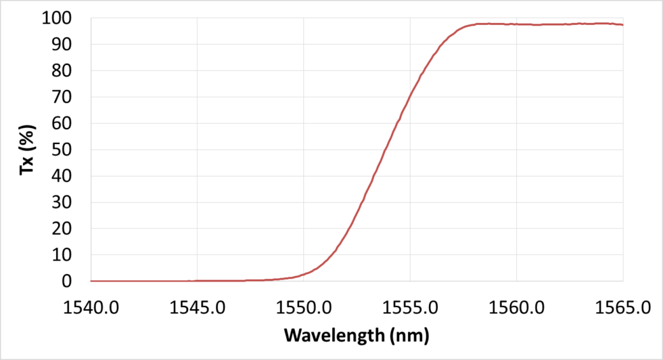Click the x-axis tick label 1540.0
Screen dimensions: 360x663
(91, 309)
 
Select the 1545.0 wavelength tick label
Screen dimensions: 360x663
(197, 309)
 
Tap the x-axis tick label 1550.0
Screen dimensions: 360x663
(304, 309)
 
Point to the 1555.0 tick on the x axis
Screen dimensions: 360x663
(410, 309)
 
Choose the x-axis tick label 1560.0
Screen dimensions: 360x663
(516, 309)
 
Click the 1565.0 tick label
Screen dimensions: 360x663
(622, 309)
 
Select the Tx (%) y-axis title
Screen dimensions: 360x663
(27, 150)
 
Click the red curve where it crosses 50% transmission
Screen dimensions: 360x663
(386, 150)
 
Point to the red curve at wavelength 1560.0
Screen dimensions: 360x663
(516, 24)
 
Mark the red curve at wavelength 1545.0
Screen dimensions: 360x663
(197, 281)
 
